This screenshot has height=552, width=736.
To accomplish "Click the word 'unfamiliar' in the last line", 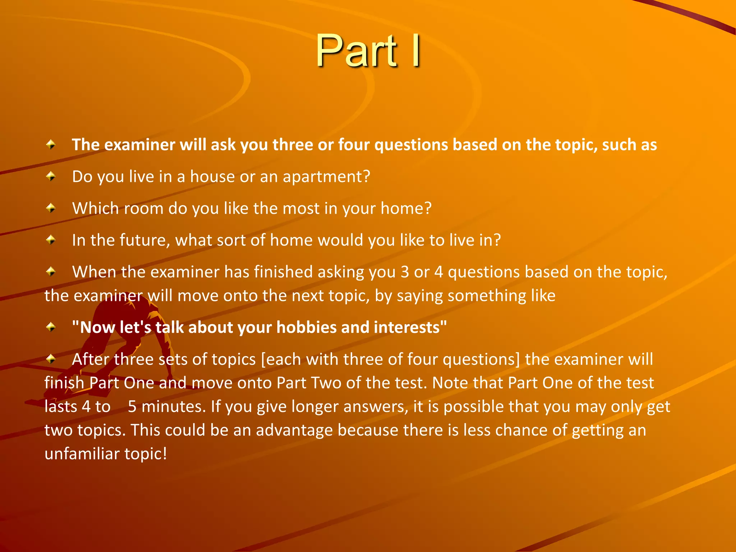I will tap(82, 454).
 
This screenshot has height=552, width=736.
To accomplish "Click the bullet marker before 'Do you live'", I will tap(51, 176).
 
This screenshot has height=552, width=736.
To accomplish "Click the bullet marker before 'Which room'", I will tap(51, 208).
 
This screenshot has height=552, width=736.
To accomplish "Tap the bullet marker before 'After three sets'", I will tap(51, 359).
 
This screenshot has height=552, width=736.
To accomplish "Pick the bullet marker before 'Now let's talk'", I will tap(51, 327).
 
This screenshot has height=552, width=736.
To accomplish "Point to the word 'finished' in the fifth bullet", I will tap(283, 272).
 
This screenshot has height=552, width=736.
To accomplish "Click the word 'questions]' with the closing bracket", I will tap(481, 359).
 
